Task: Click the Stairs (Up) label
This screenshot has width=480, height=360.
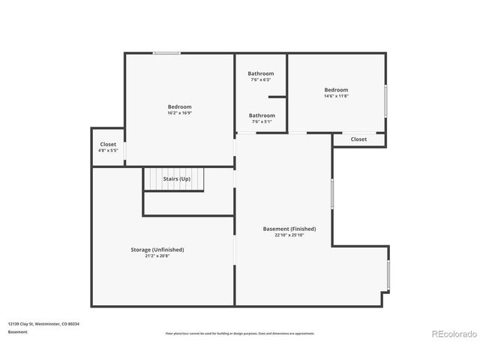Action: click(177, 179)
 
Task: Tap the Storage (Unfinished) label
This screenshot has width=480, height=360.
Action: click(157, 250)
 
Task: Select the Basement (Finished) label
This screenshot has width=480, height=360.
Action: click(289, 229)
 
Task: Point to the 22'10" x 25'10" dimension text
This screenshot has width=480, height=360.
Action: click(289, 235)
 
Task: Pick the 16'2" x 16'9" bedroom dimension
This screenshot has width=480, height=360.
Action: click(179, 113)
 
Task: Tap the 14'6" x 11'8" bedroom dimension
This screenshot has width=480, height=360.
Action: click(336, 96)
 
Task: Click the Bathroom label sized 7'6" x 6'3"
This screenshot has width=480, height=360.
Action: click(261, 73)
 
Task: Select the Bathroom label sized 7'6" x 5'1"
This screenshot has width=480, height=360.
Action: click(262, 115)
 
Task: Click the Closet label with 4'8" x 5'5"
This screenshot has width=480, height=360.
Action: click(108, 144)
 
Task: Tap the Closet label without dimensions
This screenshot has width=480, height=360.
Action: click(358, 139)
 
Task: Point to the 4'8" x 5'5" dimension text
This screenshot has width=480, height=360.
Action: click(108, 151)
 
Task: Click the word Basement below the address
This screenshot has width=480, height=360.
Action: click(18, 331)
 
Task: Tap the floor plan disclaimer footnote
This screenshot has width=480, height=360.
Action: click(240, 334)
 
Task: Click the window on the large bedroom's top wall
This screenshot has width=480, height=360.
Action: click(166, 52)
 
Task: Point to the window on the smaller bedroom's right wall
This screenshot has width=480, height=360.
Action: click(386, 100)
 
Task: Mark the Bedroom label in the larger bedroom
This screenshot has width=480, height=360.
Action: click(179, 106)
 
